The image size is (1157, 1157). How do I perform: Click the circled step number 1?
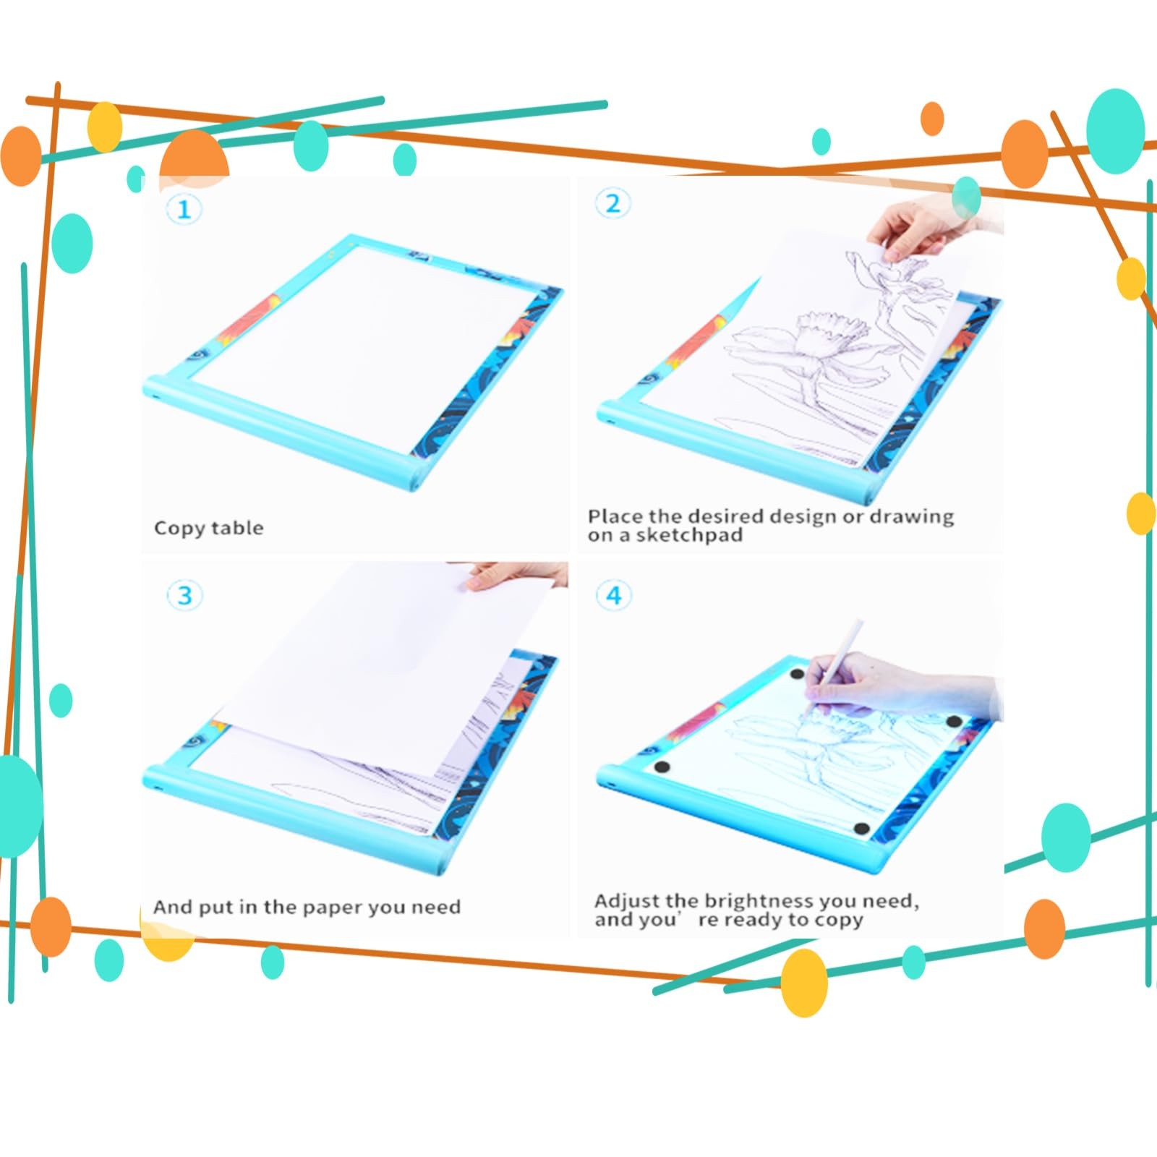tap(184, 210)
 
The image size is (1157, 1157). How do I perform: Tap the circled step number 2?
tap(612, 203)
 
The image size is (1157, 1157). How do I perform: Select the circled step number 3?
tap(184, 596)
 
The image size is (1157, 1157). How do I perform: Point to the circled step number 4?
tap(613, 595)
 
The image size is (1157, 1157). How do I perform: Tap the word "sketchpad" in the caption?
tap(689, 535)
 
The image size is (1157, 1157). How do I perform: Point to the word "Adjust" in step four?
tap(627, 902)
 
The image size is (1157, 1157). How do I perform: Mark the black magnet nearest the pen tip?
tap(797, 675)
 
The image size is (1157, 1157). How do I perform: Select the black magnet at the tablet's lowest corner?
tap(861, 829)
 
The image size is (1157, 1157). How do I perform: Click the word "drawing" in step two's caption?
tap(912, 517)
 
